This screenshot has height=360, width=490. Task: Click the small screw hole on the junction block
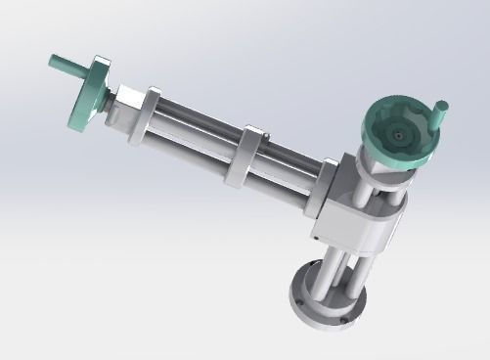point(316,236)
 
